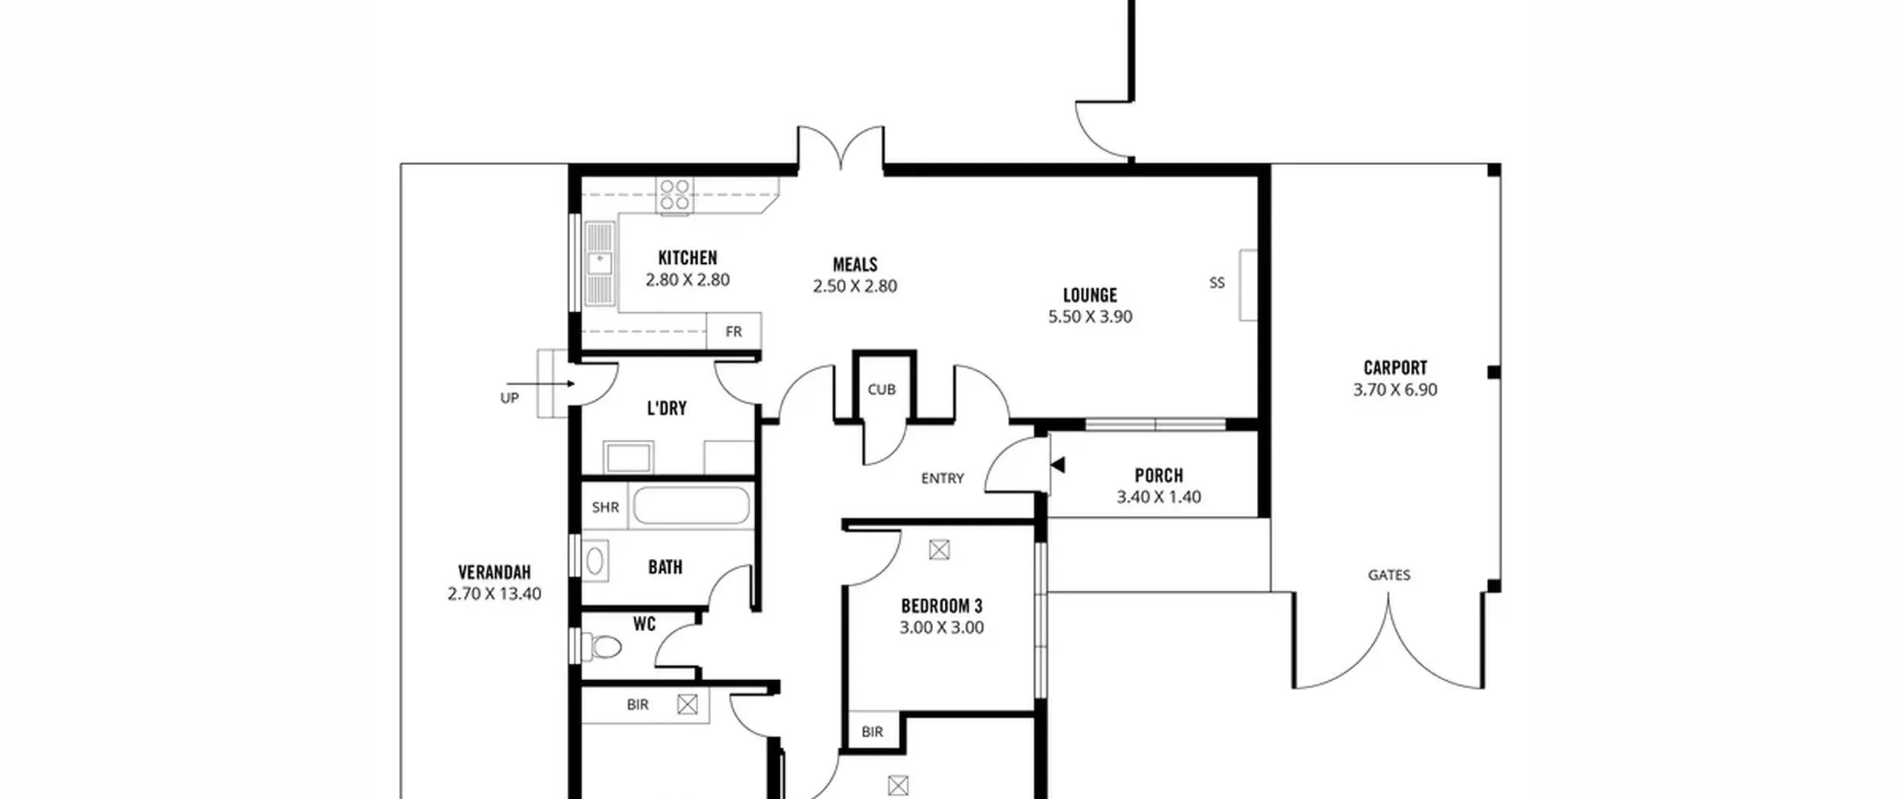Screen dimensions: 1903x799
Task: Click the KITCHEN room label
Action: (688, 258)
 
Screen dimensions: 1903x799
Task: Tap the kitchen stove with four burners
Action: (675, 195)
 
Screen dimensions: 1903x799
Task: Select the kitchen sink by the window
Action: (600, 263)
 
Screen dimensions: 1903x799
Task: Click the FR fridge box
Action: (734, 331)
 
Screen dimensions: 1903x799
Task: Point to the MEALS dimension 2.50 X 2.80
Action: (855, 286)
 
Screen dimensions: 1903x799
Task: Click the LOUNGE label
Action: (1090, 295)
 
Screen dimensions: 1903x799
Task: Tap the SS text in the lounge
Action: (1217, 282)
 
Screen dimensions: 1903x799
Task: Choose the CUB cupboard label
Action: (882, 389)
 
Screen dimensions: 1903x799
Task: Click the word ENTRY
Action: (943, 479)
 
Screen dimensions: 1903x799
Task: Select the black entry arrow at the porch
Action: (1058, 465)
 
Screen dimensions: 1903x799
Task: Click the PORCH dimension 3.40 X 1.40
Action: (1159, 497)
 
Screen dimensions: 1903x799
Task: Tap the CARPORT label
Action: (1395, 368)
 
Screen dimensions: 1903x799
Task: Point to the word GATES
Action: (1389, 575)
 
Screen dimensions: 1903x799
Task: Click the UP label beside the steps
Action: (509, 398)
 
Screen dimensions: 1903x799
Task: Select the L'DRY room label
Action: (667, 409)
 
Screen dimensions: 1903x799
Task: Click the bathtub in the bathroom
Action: (691, 505)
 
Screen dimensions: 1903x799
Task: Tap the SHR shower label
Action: (605, 508)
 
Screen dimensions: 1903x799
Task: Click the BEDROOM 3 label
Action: (942, 606)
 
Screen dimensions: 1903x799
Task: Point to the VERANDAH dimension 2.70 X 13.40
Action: (494, 594)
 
